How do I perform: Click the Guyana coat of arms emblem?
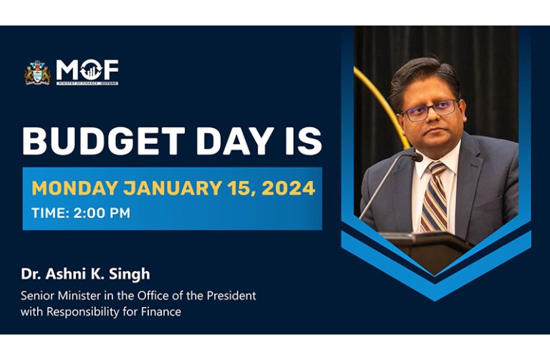pyautogui.click(x=37, y=72)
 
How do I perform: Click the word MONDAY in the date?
pyautogui.click(x=74, y=188)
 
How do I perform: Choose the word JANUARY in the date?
pyautogui.click(x=172, y=188)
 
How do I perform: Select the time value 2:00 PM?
pyautogui.click(x=102, y=213)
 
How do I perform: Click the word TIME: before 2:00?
pyautogui.click(x=51, y=213)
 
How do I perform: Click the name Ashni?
pyautogui.click(x=63, y=274)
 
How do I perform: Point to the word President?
pyautogui.click(x=231, y=296)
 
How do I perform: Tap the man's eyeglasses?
pyautogui.click(x=430, y=110)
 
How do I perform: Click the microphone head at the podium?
pyautogui.click(x=417, y=156)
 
